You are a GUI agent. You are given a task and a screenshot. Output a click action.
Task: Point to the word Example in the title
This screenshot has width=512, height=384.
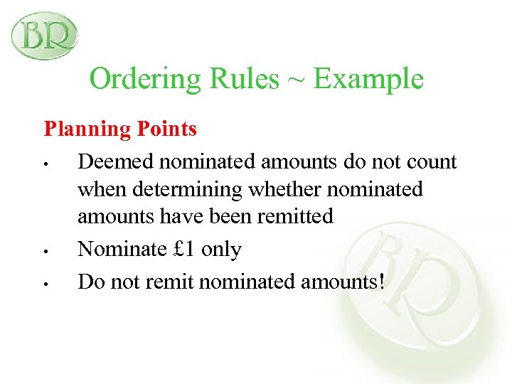click(368, 79)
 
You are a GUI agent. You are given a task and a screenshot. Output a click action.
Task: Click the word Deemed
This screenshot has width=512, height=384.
click(116, 162)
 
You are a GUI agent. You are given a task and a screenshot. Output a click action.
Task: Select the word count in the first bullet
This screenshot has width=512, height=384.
click(430, 163)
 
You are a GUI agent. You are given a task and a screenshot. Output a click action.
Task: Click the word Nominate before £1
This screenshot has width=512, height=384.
click(125, 249)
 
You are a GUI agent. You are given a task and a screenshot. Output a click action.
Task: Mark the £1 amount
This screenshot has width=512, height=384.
click(187, 249)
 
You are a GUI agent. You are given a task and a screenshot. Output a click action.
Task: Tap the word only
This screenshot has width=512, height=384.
click(222, 250)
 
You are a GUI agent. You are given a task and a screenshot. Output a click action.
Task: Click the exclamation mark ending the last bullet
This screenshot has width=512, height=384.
click(382, 282)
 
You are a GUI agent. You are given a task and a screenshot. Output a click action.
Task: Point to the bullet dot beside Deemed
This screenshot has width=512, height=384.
click(44, 165)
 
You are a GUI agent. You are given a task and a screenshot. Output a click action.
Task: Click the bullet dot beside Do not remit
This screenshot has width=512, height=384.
click(44, 284)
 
